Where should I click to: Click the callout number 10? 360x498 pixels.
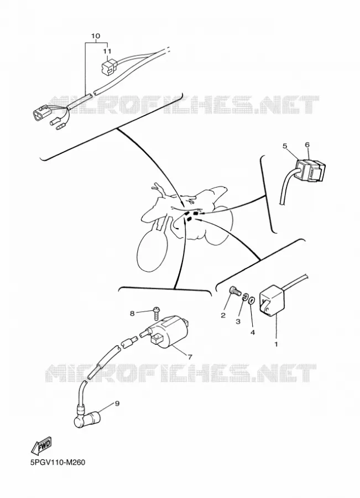95,36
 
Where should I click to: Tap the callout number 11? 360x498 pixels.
107,51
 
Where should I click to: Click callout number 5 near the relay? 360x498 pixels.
285,146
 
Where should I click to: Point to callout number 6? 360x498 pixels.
307,144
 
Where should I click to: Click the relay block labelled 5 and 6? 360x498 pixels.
310,171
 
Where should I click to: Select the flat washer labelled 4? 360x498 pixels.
252,300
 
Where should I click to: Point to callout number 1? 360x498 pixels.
276,344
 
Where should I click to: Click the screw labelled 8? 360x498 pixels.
156,313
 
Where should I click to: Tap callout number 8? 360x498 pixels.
132,314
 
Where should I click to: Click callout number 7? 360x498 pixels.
190,357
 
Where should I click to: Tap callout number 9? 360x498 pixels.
117,404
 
